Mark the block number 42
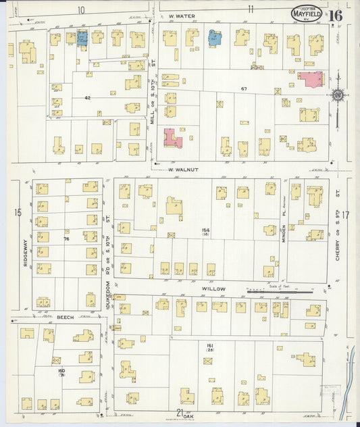click(x=87, y=99)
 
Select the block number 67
click(x=245, y=89)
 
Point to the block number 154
click(x=205, y=230)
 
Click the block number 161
click(x=210, y=345)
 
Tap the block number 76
click(x=66, y=238)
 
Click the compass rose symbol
click(x=335, y=95)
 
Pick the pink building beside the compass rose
click(x=310, y=79)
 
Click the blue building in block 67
click(x=215, y=38)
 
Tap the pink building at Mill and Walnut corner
click(x=172, y=138)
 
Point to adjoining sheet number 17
click(x=346, y=216)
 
